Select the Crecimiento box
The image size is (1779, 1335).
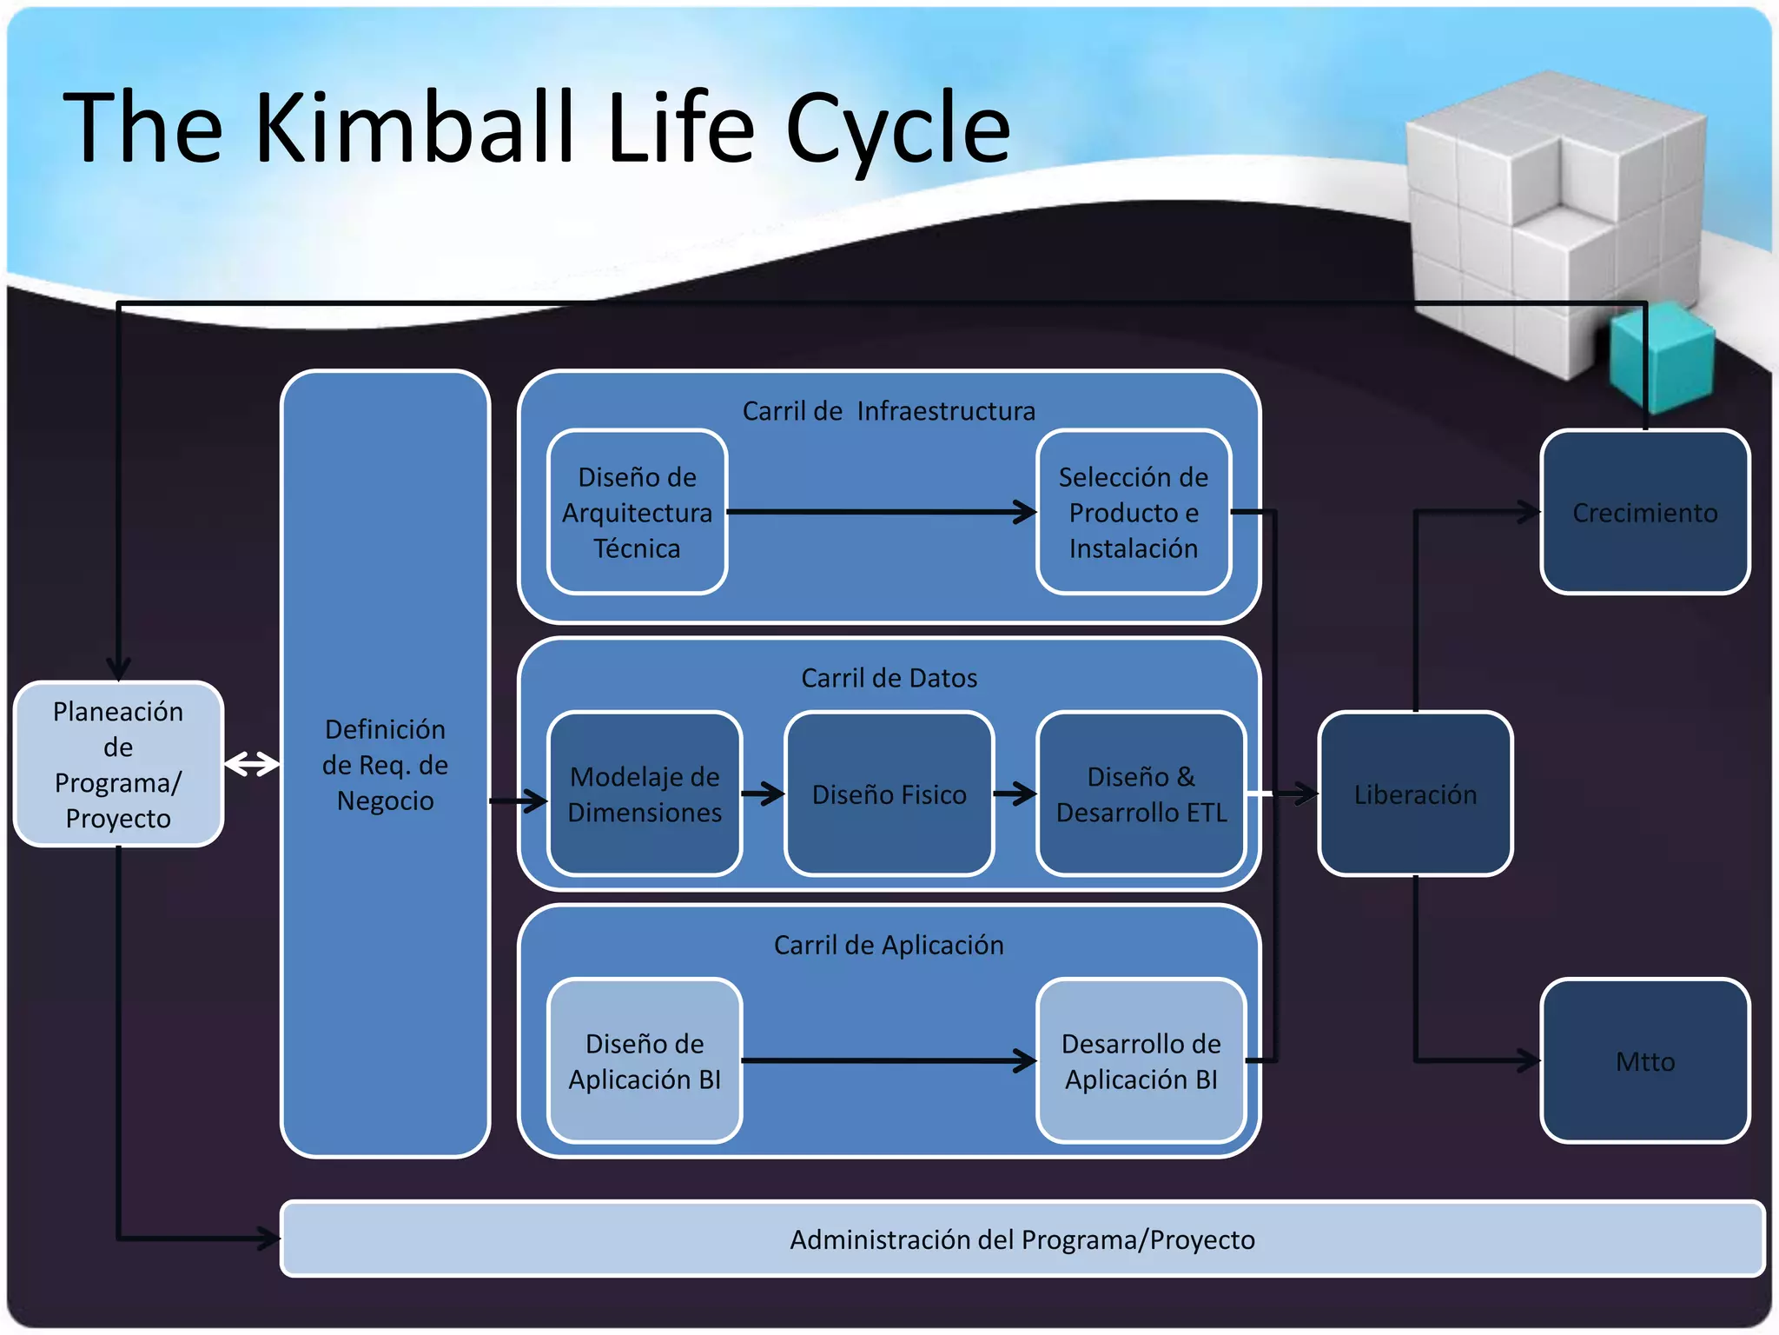(x=1644, y=512)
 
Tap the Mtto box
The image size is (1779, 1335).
(x=1644, y=1060)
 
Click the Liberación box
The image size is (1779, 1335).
(x=1415, y=794)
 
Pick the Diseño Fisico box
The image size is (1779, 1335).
(x=889, y=794)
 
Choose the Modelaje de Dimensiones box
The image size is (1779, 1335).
(x=645, y=794)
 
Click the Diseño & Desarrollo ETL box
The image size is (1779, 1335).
(x=1141, y=794)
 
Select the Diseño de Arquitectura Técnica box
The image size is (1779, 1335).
(x=637, y=512)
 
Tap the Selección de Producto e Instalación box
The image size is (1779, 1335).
(x=1133, y=512)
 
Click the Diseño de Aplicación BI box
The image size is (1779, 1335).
(x=645, y=1060)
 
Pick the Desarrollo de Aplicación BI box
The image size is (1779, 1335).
(x=1141, y=1060)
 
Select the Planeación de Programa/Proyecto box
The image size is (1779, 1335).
(x=118, y=764)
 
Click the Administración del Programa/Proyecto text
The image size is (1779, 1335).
(x=1022, y=1239)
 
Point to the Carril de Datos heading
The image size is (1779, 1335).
(x=889, y=678)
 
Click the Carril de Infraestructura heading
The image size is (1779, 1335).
(x=889, y=411)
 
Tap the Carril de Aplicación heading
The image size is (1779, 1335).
(x=889, y=945)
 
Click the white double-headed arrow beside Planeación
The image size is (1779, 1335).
(x=252, y=764)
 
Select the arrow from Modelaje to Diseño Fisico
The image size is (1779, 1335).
(x=763, y=793)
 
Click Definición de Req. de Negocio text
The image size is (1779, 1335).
(x=385, y=764)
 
